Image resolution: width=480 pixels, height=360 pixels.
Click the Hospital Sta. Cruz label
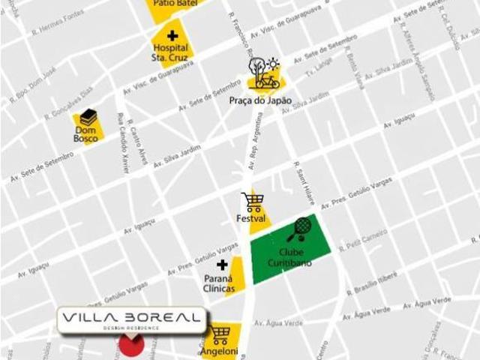click(x=169, y=52)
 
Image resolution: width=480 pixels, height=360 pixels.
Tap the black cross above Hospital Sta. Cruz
click(x=173, y=35)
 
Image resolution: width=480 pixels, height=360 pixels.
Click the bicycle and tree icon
click(x=265, y=73)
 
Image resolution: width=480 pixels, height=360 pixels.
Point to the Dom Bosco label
click(x=85, y=134)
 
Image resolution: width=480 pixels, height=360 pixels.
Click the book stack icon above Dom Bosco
click(x=88, y=117)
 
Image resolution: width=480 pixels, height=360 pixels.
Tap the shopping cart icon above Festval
click(x=253, y=201)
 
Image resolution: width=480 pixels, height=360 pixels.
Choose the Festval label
click(x=251, y=219)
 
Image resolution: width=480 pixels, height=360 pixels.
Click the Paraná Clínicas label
click(x=219, y=283)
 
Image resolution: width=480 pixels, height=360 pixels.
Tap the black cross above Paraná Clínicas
click(x=222, y=265)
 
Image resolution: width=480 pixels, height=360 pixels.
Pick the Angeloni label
click(x=218, y=351)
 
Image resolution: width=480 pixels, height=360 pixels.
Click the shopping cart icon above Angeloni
click(x=220, y=334)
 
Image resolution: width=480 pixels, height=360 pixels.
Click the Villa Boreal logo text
click(x=133, y=319)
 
